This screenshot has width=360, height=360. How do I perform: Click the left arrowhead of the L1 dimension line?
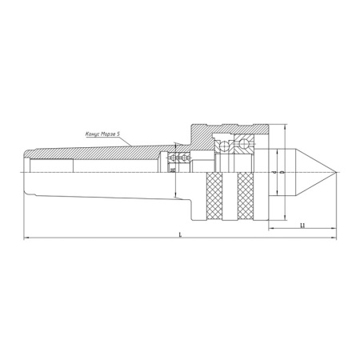268,230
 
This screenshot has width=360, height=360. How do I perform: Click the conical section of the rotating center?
308,172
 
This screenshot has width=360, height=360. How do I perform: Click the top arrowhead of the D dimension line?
286,128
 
